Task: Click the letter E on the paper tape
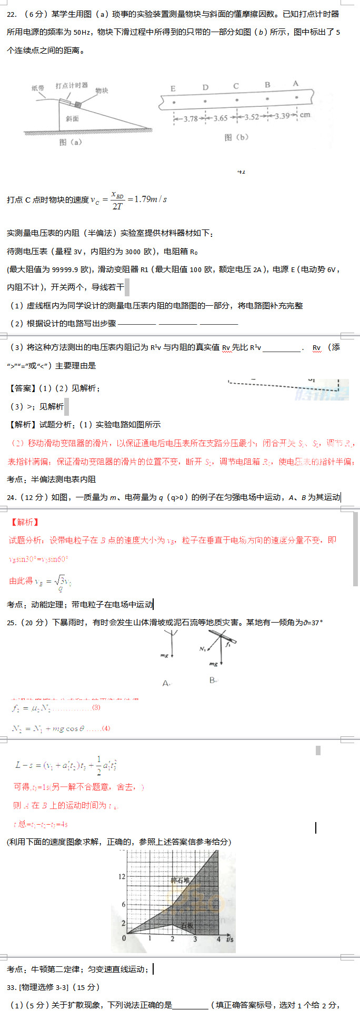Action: pos(173,88)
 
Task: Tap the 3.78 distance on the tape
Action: pos(191,119)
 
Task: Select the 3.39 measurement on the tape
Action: pos(282,116)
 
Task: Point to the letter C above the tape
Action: pos(236,86)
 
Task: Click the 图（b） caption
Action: pos(236,137)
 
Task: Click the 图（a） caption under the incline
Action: pos(71,142)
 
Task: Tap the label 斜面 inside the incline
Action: pos(72,119)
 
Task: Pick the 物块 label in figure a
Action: pos(102,91)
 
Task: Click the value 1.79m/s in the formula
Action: pos(151,199)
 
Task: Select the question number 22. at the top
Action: pos(12,14)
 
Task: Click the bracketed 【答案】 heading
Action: pos(22,388)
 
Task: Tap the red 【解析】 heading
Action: pos(25,522)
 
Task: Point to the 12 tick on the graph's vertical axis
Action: pos(122,876)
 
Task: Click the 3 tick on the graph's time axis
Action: pos(195,938)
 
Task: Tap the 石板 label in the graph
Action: pos(187,926)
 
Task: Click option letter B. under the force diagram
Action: pos(213,680)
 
